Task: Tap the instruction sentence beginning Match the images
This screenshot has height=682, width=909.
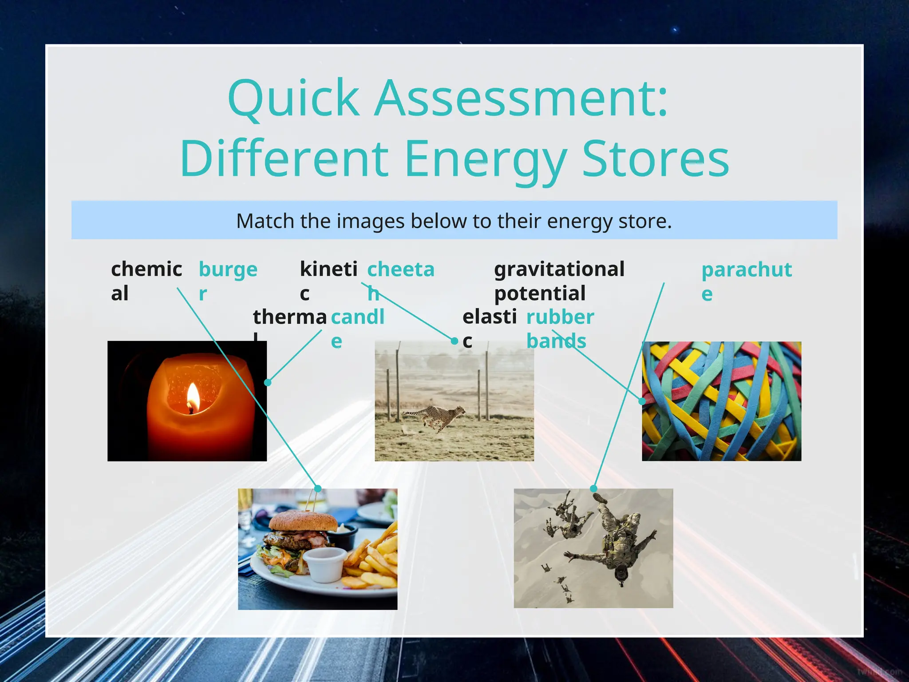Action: point(454,221)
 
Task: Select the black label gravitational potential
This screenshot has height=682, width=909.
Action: point(559,281)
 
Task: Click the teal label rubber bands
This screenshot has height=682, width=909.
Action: point(559,329)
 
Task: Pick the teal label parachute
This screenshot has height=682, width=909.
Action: point(746,281)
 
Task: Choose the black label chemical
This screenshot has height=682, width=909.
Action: point(146,280)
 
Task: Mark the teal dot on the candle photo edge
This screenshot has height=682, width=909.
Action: point(268,382)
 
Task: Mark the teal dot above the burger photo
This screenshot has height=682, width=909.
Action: point(318,488)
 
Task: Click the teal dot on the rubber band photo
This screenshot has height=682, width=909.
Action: point(642,401)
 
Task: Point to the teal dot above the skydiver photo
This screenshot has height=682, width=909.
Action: point(593,488)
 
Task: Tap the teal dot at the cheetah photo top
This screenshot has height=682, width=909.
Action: point(454,341)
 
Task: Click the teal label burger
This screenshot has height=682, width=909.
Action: point(228,280)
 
